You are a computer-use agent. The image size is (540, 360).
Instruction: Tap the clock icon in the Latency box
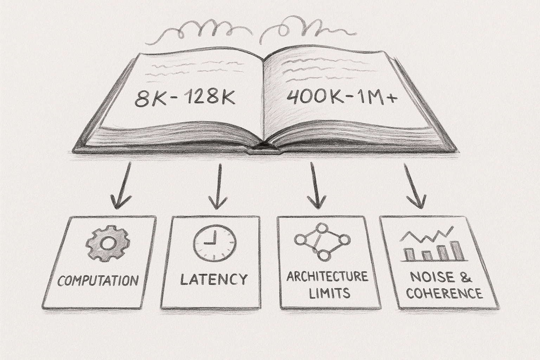(x=215, y=243)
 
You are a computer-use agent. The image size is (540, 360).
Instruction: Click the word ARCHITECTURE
(x=327, y=276)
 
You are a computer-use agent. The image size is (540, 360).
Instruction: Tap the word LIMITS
(x=330, y=292)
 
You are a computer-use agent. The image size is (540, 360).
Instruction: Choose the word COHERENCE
(x=441, y=293)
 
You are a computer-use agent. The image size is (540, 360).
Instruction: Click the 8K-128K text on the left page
(x=184, y=99)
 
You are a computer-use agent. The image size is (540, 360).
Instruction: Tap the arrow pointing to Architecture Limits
(x=313, y=186)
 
